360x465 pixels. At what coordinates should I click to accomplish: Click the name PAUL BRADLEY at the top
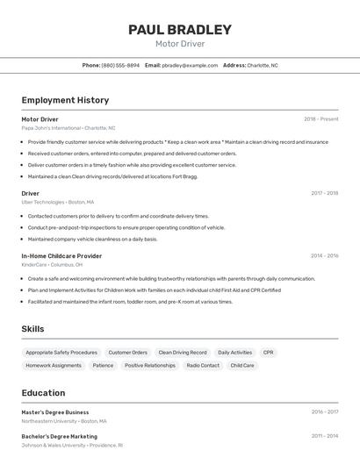[x=180, y=30]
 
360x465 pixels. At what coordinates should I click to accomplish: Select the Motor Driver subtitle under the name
[x=180, y=44]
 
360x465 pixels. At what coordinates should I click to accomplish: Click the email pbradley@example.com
[x=189, y=65]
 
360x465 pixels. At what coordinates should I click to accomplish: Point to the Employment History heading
[x=65, y=100]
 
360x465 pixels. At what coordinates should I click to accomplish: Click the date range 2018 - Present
[x=321, y=118]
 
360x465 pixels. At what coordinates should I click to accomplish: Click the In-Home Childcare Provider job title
[x=61, y=256]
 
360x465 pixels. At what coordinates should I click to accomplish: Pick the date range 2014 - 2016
[x=324, y=256]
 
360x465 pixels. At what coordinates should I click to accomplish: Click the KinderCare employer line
[x=52, y=264]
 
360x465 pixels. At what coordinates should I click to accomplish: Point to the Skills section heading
[x=33, y=329]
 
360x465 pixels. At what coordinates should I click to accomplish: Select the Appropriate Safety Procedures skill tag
[x=61, y=353]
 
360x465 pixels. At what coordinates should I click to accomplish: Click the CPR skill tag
[x=269, y=353]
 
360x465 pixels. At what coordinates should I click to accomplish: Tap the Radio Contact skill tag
[x=203, y=365]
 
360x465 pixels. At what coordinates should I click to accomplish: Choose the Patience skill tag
[x=103, y=365]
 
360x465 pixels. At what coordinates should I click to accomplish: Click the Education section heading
[x=43, y=393]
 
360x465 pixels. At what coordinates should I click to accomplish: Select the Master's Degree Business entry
[x=55, y=411]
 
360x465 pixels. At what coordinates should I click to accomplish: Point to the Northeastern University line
[x=63, y=421]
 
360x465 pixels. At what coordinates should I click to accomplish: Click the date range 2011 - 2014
[x=324, y=436]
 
